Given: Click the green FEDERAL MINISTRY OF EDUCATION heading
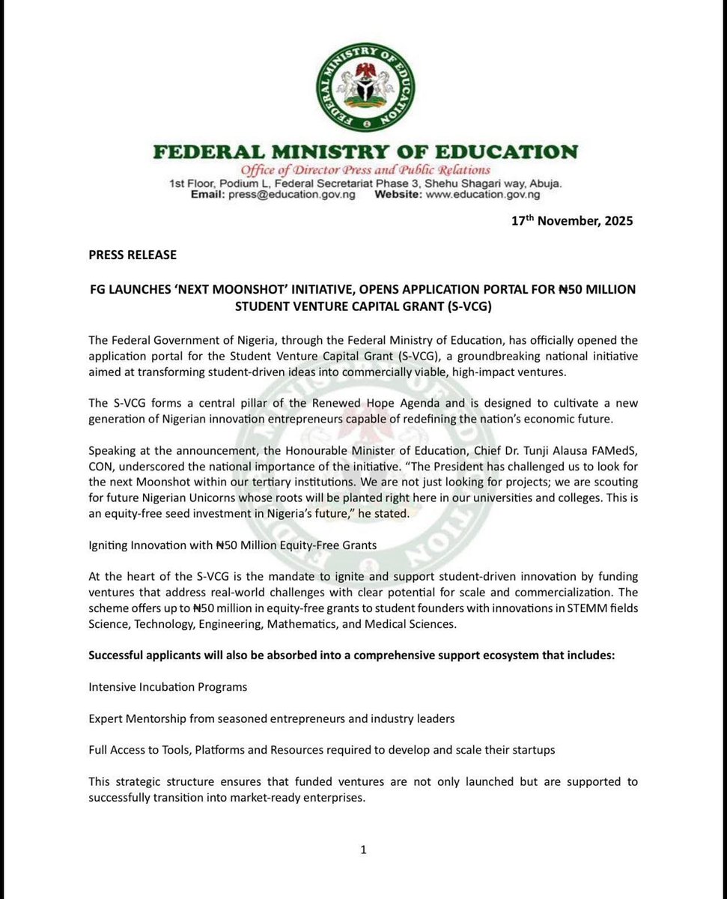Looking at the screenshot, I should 365,152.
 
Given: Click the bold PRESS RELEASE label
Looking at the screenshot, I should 133,255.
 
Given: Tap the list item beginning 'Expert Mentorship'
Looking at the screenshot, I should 272,718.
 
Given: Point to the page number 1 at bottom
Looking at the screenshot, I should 363,850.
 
